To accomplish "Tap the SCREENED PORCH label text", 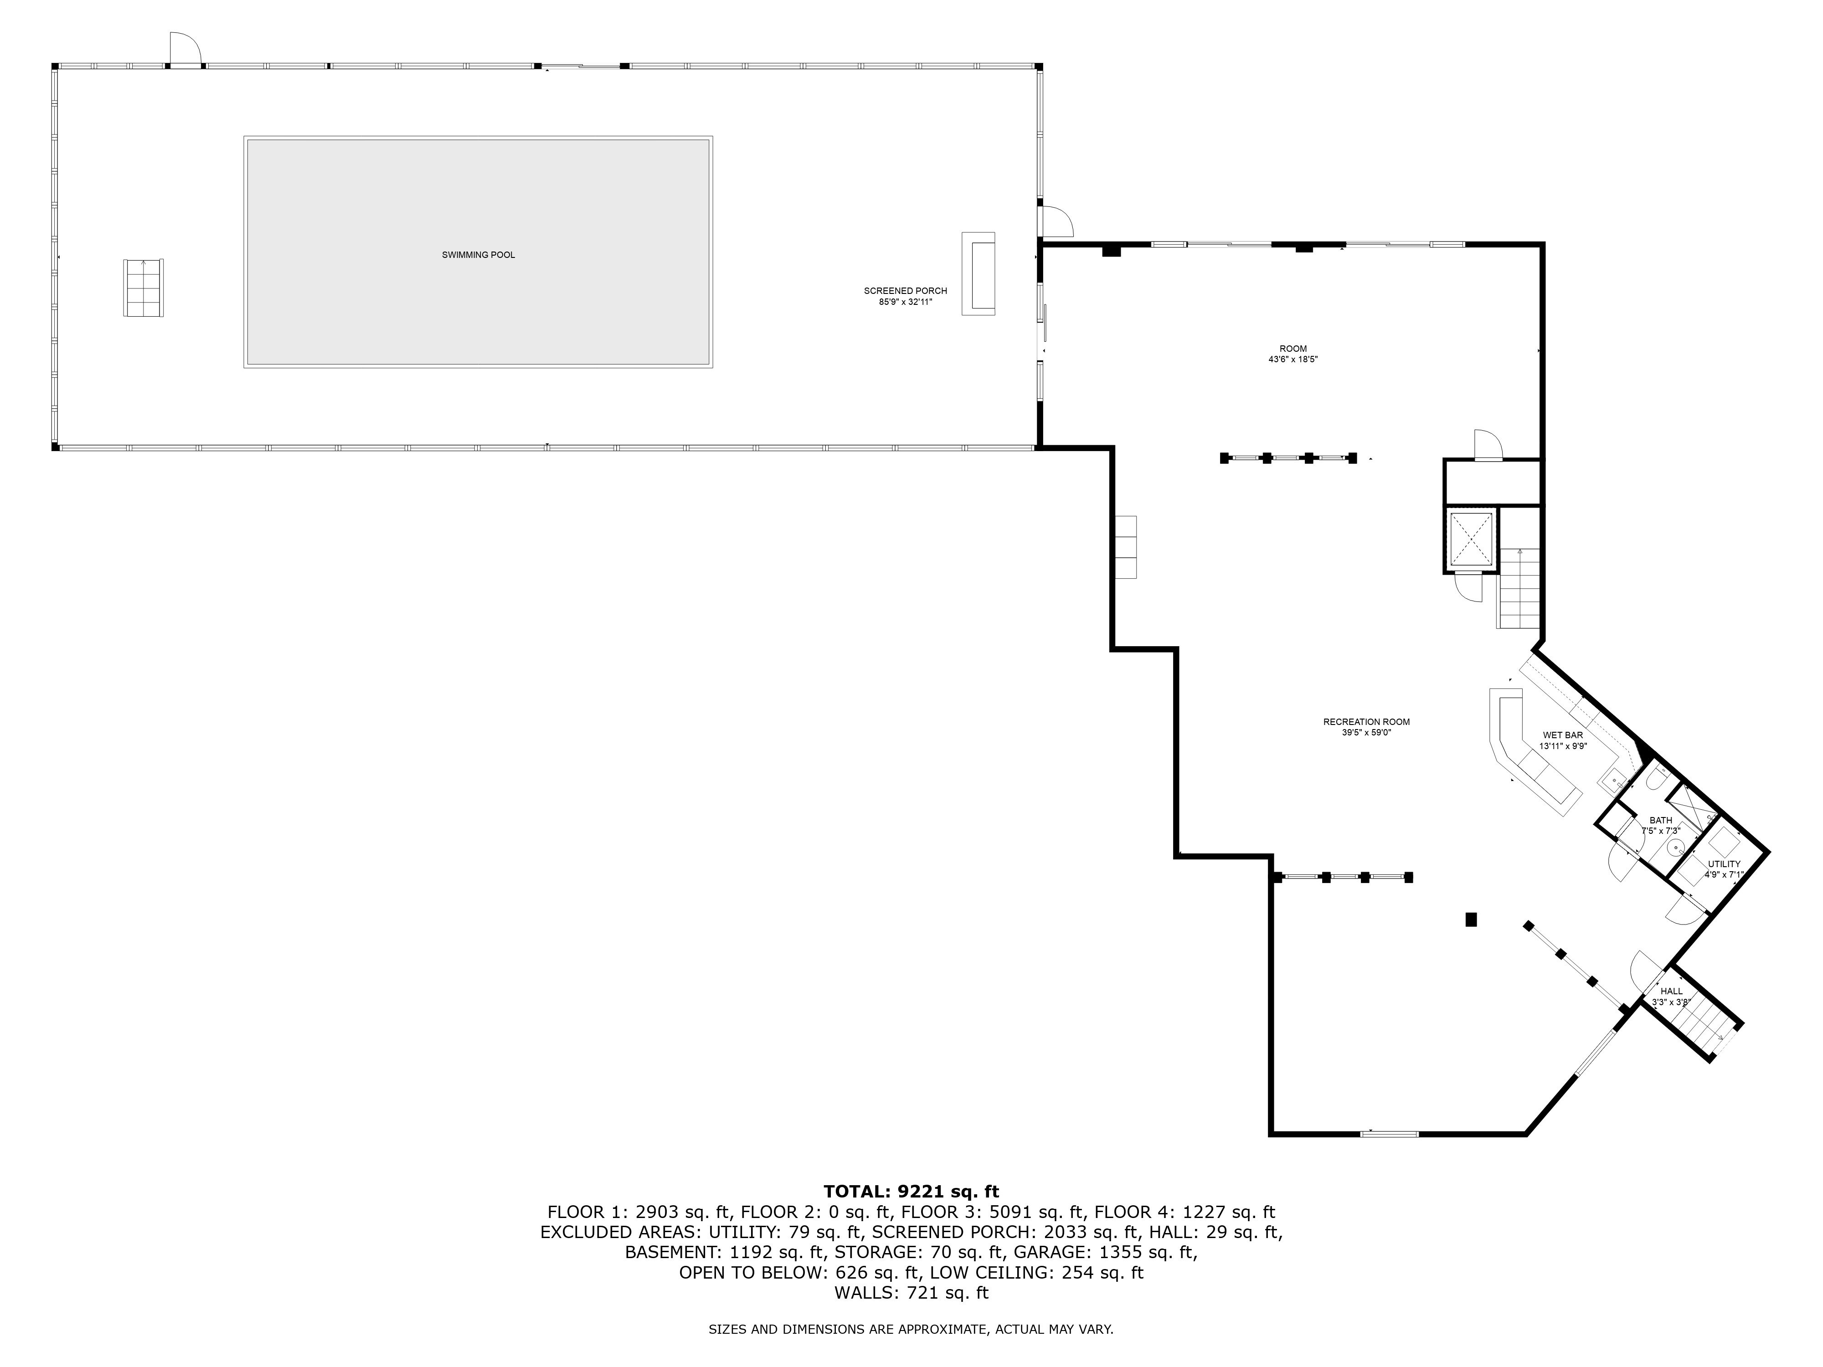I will coord(905,291).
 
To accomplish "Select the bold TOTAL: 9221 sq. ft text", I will coord(911,1192).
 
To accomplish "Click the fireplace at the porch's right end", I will coord(978,273).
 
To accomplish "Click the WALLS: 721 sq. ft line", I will coord(911,1293).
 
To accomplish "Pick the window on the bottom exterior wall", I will coord(1390,1135).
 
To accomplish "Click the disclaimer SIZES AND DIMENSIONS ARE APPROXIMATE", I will coord(911,1329).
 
